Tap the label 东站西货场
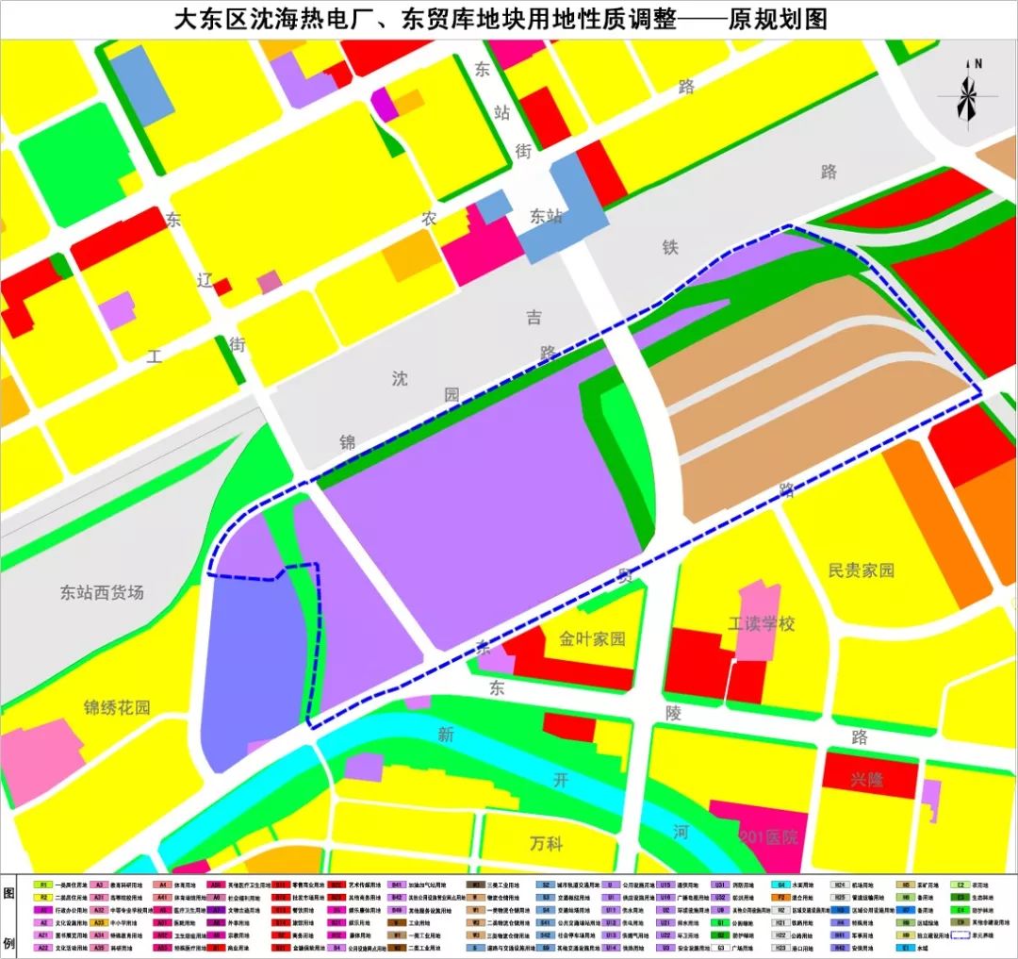(102, 593)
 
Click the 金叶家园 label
(592, 638)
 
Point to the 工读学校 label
(762, 624)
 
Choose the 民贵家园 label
(861, 570)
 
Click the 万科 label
(546, 842)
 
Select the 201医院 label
(769, 837)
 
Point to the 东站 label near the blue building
(546, 216)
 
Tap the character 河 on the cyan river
(681, 832)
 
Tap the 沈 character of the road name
(401, 379)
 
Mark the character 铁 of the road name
(670, 247)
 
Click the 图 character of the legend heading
(9, 893)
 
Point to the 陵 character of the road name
(673, 713)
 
